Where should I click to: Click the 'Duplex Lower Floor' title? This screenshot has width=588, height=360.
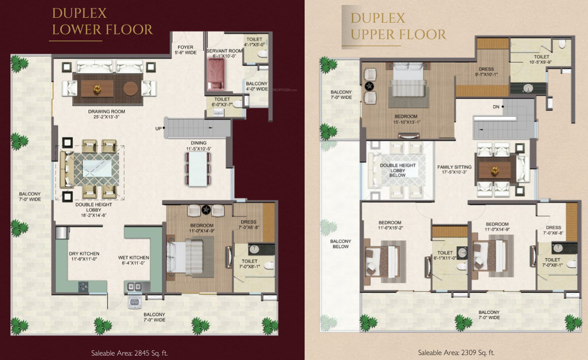coord(102,21)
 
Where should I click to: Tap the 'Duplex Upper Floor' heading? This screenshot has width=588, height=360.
coord(398,27)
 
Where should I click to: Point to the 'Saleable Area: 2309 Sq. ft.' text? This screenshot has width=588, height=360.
coord(456,353)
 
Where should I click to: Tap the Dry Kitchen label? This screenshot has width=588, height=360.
coord(80,257)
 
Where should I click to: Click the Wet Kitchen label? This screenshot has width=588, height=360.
coord(133,260)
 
